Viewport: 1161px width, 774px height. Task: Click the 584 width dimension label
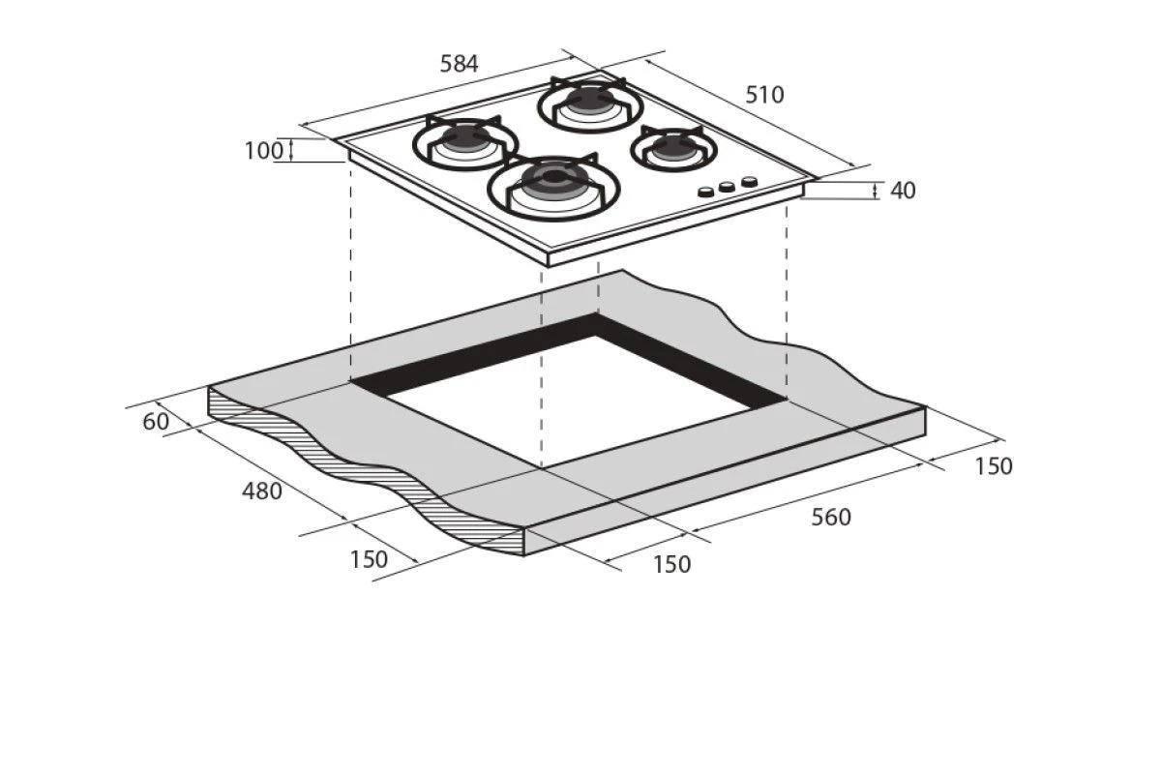459,64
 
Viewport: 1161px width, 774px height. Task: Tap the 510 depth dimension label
764,95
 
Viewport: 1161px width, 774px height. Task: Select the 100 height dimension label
264,151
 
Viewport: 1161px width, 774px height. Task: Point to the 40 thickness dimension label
903,191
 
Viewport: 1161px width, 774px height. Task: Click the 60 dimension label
156,422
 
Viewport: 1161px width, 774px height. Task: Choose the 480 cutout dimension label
262,491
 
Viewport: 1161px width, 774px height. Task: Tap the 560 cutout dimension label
831,518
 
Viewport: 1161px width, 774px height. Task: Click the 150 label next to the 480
369,559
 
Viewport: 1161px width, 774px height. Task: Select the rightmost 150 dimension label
993,466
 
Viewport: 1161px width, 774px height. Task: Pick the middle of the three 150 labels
671,565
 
